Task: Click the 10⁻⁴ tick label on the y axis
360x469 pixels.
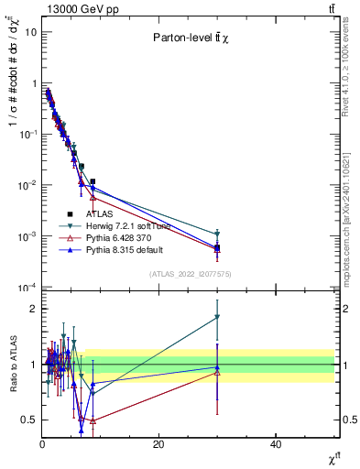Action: (x=28, y=288)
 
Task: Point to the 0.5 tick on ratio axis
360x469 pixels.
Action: (x=28, y=420)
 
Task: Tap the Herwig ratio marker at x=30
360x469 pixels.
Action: (x=217, y=317)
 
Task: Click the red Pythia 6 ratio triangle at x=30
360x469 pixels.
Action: (x=217, y=372)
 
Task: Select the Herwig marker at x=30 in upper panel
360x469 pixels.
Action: (x=217, y=234)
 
